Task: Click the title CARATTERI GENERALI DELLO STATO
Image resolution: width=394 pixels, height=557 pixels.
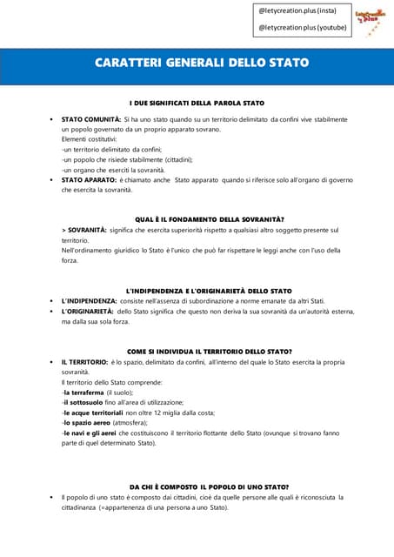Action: (x=201, y=64)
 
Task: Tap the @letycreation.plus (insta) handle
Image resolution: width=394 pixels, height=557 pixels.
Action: (x=297, y=10)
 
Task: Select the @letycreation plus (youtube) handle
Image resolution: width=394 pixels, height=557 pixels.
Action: (x=302, y=27)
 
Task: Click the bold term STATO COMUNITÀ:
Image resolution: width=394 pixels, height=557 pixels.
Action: (x=90, y=118)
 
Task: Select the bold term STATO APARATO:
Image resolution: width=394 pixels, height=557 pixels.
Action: (x=88, y=180)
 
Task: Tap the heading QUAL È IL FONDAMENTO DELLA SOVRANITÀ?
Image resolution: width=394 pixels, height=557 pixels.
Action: (x=210, y=218)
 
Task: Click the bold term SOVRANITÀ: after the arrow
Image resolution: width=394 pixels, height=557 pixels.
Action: (x=88, y=230)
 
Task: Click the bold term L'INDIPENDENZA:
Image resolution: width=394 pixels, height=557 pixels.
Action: (x=88, y=300)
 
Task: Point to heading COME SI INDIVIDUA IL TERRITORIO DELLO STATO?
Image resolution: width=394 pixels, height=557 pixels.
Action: (x=209, y=351)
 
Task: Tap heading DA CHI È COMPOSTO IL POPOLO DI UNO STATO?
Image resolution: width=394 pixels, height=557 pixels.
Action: (x=209, y=487)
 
